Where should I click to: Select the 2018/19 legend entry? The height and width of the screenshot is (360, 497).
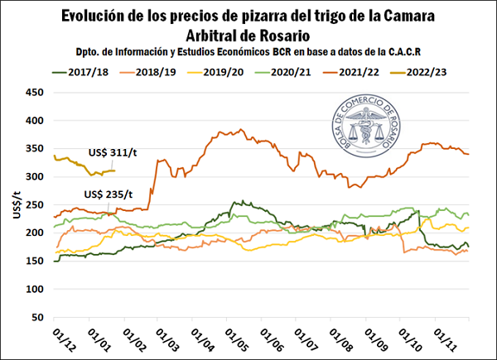coord(158,73)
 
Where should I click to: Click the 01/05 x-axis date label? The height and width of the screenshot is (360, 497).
coord(233,340)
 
